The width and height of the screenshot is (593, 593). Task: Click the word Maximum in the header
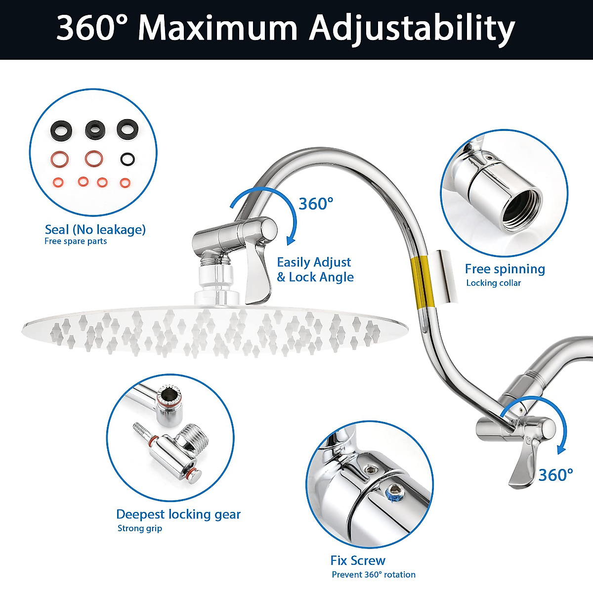point(217,28)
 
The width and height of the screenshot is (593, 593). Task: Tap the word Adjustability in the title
point(412,29)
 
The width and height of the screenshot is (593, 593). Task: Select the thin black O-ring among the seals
point(127,159)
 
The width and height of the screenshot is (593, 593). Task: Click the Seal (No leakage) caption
point(95,230)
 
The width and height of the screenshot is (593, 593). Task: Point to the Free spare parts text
point(76,242)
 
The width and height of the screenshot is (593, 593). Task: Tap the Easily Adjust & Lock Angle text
point(315,270)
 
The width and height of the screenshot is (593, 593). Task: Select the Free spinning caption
point(505,269)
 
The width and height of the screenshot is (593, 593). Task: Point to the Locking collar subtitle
point(493,283)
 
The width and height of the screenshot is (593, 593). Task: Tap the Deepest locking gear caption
point(178,514)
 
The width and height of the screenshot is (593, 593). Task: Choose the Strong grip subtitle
point(139,529)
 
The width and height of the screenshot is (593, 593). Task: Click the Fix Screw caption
point(357,561)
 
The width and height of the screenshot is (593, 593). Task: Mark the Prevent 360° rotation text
point(373,575)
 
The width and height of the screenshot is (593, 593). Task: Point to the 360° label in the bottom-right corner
point(555,475)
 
